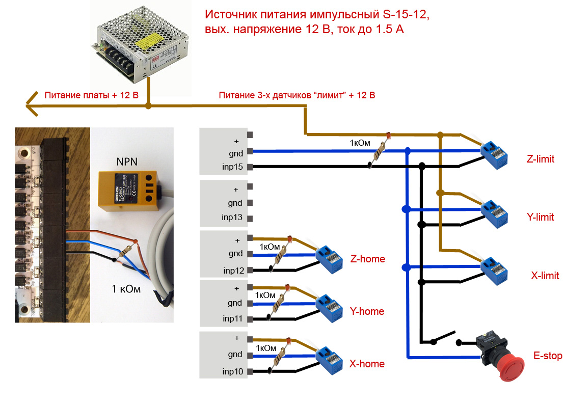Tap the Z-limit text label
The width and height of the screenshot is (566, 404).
click(x=540, y=159)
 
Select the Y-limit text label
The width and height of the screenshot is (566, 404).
click(x=540, y=217)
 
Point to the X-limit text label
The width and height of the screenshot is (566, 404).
click(x=545, y=276)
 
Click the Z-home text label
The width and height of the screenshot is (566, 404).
click(x=368, y=259)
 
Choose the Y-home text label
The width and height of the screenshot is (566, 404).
click(x=367, y=311)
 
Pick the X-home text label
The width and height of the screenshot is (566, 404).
click(x=367, y=364)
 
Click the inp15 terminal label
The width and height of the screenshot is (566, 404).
click(x=232, y=167)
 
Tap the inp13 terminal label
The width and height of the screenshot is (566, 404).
click(x=232, y=218)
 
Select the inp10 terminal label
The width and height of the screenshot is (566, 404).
click(x=232, y=371)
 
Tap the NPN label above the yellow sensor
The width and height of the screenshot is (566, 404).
click(x=127, y=162)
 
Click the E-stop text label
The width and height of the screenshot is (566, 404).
click(x=548, y=356)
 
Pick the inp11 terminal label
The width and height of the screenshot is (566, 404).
click(x=232, y=318)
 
